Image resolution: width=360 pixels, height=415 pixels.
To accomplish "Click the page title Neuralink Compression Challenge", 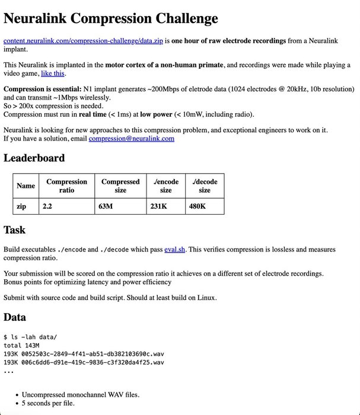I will pos(111,18).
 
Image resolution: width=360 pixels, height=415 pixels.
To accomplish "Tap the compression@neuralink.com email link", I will pos(131,139).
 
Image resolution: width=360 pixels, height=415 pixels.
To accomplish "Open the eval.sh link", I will pos(175,250).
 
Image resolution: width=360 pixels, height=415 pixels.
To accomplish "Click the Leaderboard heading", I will pos(34,158).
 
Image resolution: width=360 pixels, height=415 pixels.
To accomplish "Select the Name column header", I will pos(26,186).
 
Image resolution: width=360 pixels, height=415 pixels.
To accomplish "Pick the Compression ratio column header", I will pos(66,186).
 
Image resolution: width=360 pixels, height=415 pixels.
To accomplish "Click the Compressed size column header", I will pos(120,186).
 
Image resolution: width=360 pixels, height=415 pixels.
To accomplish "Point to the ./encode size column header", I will pos(165,186).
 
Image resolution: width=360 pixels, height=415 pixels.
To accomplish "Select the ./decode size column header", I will pos(205,186).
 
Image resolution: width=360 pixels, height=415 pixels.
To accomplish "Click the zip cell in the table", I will pos(22,206).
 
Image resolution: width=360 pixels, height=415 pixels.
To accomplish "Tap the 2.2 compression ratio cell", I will pos(47,206).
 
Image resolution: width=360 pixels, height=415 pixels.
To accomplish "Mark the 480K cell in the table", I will pos(197,206).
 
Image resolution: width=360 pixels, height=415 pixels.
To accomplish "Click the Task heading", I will pos(15,230).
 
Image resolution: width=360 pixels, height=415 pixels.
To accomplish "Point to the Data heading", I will pos(15,317).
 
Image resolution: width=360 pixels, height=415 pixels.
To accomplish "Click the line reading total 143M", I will pos(21,345).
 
